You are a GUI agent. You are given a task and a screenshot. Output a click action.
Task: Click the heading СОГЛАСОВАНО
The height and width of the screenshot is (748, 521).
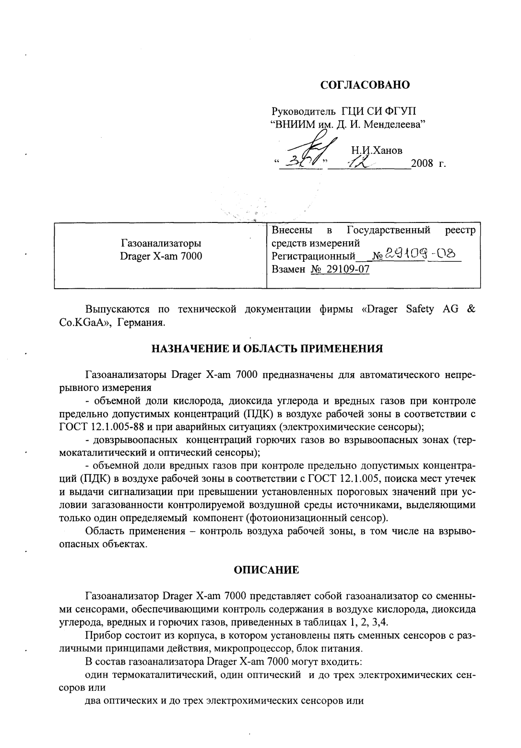click(365, 86)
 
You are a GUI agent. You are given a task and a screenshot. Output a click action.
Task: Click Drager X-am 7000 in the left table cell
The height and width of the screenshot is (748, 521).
click(161, 256)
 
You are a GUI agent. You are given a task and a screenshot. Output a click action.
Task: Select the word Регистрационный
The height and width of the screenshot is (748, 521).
click(313, 256)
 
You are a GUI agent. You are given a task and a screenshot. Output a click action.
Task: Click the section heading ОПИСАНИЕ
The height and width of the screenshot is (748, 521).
click(266, 570)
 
